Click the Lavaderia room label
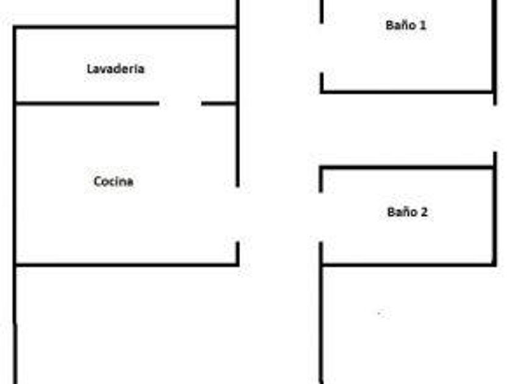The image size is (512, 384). [x=116, y=69]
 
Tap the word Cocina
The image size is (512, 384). [x=113, y=181]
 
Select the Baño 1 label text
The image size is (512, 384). [x=406, y=25]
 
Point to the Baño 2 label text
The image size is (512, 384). [x=407, y=212]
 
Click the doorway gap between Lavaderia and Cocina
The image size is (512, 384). [x=180, y=104]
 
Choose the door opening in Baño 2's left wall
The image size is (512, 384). [x=321, y=216]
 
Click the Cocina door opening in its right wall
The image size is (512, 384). [x=237, y=213]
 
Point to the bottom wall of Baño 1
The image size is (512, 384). [x=407, y=92]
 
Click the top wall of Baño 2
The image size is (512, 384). [x=407, y=167]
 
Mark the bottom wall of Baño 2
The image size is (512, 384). [x=407, y=265]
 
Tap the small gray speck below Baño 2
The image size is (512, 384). [x=380, y=313]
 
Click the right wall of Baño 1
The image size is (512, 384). [x=494, y=49]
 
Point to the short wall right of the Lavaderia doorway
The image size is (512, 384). [x=219, y=104]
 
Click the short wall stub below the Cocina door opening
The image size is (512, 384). [x=237, y=253]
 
